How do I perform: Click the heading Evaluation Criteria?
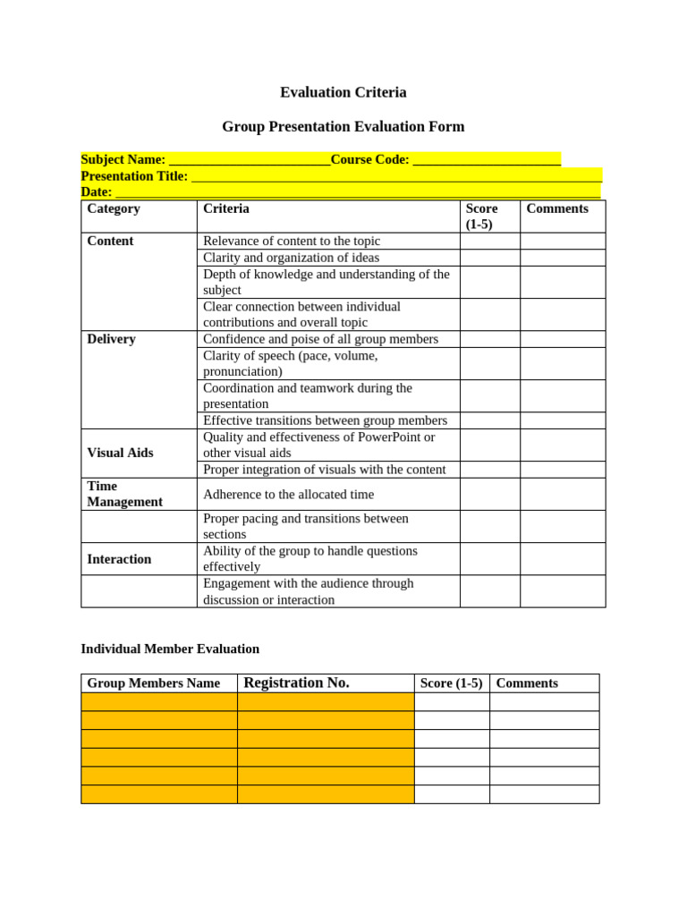click(x=343, y=92)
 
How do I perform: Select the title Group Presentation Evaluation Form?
click(x=343, y=126)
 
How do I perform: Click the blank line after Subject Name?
click(x=250, y=160)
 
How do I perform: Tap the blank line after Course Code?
click(x=487, y=160)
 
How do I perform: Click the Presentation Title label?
click(x=134, y=176)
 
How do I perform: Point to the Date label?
click(x=96, y=191)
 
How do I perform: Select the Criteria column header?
click(x=226, y=208)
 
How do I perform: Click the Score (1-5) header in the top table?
click(x=481, y=216)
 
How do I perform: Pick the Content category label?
click(x=110, y=241)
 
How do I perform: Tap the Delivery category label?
click(x=111, y=339)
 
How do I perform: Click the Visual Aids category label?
click(x=120, y=453)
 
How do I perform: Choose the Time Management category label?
click(x=124, y=494)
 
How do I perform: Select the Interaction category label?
click(x=119, y=559)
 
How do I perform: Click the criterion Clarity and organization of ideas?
click(x=291, y=258)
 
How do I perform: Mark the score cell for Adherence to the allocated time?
click(x=489, y=494)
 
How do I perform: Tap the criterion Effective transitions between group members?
click(x=325, y=420)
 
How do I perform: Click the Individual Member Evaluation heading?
click(x=170, y=649)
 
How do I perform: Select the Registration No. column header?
click(x=296, y=683)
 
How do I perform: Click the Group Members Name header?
click(x=153, y=683)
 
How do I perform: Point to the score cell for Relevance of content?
click(x=489, y=241)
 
